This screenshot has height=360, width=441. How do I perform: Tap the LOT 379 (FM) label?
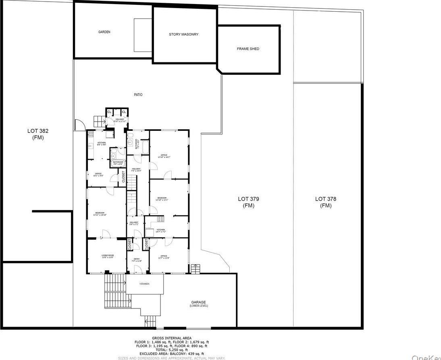coord(248,202)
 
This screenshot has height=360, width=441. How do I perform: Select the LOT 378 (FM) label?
coord(326,202)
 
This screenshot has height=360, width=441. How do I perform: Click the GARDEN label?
coord(104,32)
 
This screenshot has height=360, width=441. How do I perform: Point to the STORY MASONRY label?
coord(183,35)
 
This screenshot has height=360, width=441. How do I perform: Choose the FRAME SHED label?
coord(248,49)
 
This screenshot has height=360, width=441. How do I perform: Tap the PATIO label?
coord(138,95)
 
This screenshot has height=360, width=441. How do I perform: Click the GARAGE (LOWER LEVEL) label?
coord(198,304)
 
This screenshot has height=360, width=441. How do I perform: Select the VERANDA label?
coord(144,284)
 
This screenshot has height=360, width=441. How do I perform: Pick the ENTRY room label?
coord(137,260)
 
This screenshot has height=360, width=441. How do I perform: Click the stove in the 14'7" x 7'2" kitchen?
coord(161,219)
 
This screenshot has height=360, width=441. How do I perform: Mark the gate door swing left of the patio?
coord(79,124)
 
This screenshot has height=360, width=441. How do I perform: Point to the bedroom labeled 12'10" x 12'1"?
coord(162,199)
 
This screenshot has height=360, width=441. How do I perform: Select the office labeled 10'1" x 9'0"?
coord(98,174)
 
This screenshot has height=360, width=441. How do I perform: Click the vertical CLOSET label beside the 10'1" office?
coord(123,177)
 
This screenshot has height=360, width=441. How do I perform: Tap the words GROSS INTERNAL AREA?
coord(172,338)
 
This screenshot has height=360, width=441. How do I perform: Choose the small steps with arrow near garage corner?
coord(195,267)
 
